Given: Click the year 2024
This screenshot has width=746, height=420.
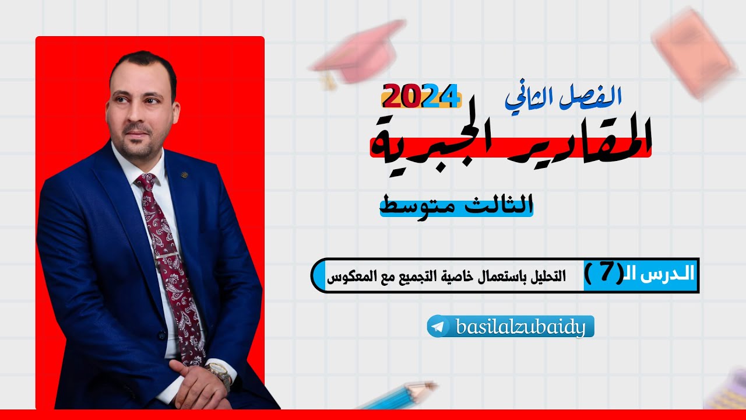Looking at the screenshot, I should tap(421, 96).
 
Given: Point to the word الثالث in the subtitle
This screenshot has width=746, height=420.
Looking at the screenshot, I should tap(502, 205).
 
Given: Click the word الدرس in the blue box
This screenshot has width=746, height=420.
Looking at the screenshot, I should tap(664, 275).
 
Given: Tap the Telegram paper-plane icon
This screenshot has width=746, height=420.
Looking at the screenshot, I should tap(438, 327).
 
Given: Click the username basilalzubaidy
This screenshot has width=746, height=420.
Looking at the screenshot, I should tap(520, 327).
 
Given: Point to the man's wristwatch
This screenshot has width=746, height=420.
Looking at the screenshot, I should tap(219, 373).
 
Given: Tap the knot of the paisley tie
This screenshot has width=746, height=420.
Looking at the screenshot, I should tap(145, 182).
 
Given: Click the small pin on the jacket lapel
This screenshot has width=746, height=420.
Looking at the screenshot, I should tap(184, 173).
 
